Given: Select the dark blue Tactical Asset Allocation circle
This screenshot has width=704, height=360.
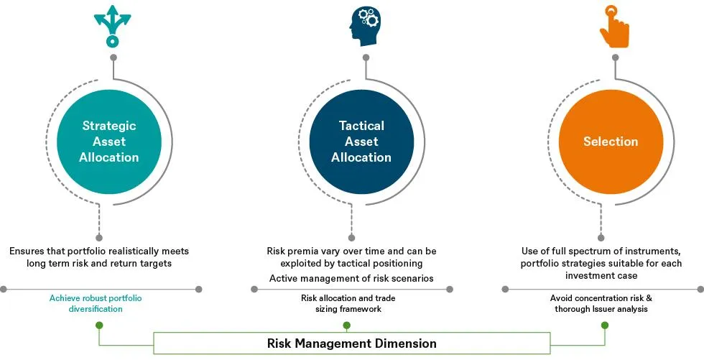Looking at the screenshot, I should click(361, 142).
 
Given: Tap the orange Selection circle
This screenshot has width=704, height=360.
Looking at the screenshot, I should click(610, 142).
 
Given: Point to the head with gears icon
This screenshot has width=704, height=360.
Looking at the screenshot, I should click(364, 27).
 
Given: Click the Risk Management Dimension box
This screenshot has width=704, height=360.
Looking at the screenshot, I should click(351, 343).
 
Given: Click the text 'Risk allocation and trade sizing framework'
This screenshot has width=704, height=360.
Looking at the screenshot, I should click(348, 303).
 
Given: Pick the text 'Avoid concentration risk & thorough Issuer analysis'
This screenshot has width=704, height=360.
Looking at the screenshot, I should click(601, 303).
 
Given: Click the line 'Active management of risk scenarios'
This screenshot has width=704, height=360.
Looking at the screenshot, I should click(351, 279).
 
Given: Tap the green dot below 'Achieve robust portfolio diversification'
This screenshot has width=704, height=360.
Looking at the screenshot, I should click(99, 326).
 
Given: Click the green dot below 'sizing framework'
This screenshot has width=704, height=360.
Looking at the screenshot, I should click(347, 326).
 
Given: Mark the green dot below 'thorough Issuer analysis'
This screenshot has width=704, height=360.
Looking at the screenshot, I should click(604, 326).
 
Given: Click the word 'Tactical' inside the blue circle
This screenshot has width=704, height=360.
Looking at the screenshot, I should click(361, 126).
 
